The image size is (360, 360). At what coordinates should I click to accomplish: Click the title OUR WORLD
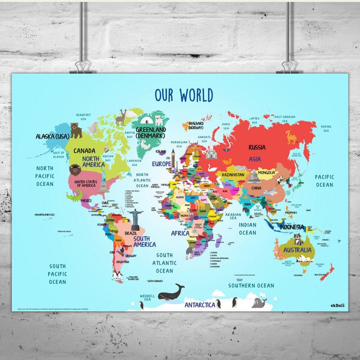[183, 95]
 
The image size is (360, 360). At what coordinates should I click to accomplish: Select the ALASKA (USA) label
[53, 136]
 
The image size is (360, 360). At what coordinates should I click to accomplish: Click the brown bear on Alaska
[76, 130]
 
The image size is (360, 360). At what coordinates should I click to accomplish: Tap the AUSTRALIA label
[298, 250]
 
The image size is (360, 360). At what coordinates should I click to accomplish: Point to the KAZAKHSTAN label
[233, 174]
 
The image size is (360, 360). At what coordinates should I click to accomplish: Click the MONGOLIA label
[267, 172]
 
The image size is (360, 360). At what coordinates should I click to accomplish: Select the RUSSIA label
[257, 147]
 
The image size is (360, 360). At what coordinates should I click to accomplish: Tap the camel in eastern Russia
[292, 136]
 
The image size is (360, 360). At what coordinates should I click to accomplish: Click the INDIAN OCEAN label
[247, 229]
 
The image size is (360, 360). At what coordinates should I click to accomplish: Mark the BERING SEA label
[326, 129]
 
